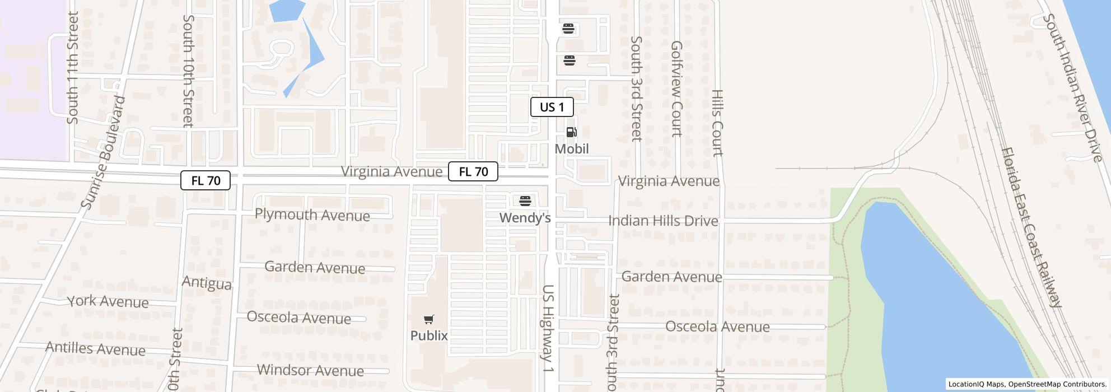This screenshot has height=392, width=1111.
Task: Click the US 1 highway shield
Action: (x=552, y=107)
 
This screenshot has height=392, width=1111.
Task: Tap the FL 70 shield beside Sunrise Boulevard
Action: (x=205, y=180)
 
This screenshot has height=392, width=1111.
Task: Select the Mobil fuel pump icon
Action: (x=571, y=132)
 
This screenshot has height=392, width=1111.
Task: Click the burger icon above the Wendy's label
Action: (x=525, y=201)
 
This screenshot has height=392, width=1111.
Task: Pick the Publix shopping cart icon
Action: (x=428, y=320)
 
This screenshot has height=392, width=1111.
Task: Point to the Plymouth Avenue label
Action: (x=312, y=215)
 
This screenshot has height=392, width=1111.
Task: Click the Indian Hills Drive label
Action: (x=663, y=221)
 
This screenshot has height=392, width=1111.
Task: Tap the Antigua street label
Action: (x=207, y=283)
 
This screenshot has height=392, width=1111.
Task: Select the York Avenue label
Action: (x=108, y=302)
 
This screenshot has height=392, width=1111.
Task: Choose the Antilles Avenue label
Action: (x=95, y=349)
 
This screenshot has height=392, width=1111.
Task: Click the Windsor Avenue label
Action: (x=310, y=370)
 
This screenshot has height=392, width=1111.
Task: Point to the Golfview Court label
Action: (x=676, y=88)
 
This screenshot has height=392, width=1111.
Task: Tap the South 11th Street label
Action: (x=72, y=67)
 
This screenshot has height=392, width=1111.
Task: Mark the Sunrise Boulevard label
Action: (x=103, y=152)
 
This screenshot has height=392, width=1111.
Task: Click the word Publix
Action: (x=429, y=335)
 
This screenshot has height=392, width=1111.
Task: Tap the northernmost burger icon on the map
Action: (x=568, y=29)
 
